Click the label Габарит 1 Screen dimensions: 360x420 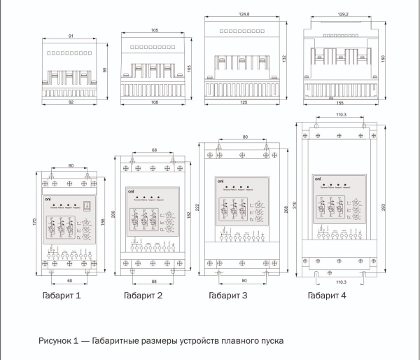pyautogui.click(x=60, y=296)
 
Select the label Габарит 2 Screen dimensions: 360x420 pyautogui.click(x=143, y=296)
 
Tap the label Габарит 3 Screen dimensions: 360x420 pyautogui.click(x=228, y=296)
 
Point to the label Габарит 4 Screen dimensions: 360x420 pyautogui.click(x=327, y=296)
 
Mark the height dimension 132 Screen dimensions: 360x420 pyautogui.click(x=286, y=60)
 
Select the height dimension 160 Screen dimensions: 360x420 pyautogui.click(x=385, y=60)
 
